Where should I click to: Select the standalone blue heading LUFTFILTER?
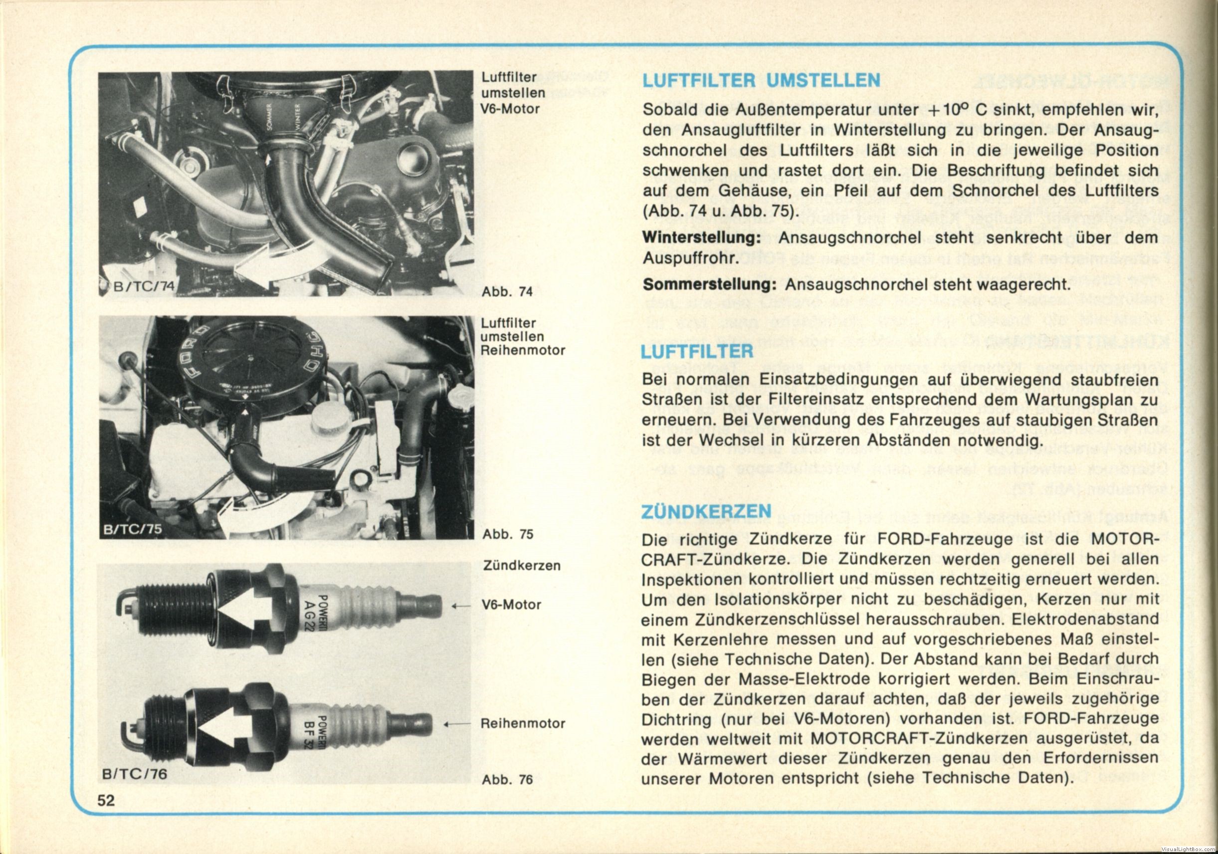(697, 351)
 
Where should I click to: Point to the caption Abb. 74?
(507, 291)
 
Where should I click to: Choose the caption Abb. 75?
(507, 534)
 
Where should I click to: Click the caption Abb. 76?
(507, 779)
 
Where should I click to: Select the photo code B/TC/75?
(133, 529)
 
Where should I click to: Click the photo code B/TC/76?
(135, 774)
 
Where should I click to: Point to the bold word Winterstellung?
(701, 237)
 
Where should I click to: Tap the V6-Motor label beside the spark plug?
(512, 605)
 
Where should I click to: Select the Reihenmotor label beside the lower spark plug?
(523, 723)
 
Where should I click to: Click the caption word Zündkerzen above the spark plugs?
(522, 566)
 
